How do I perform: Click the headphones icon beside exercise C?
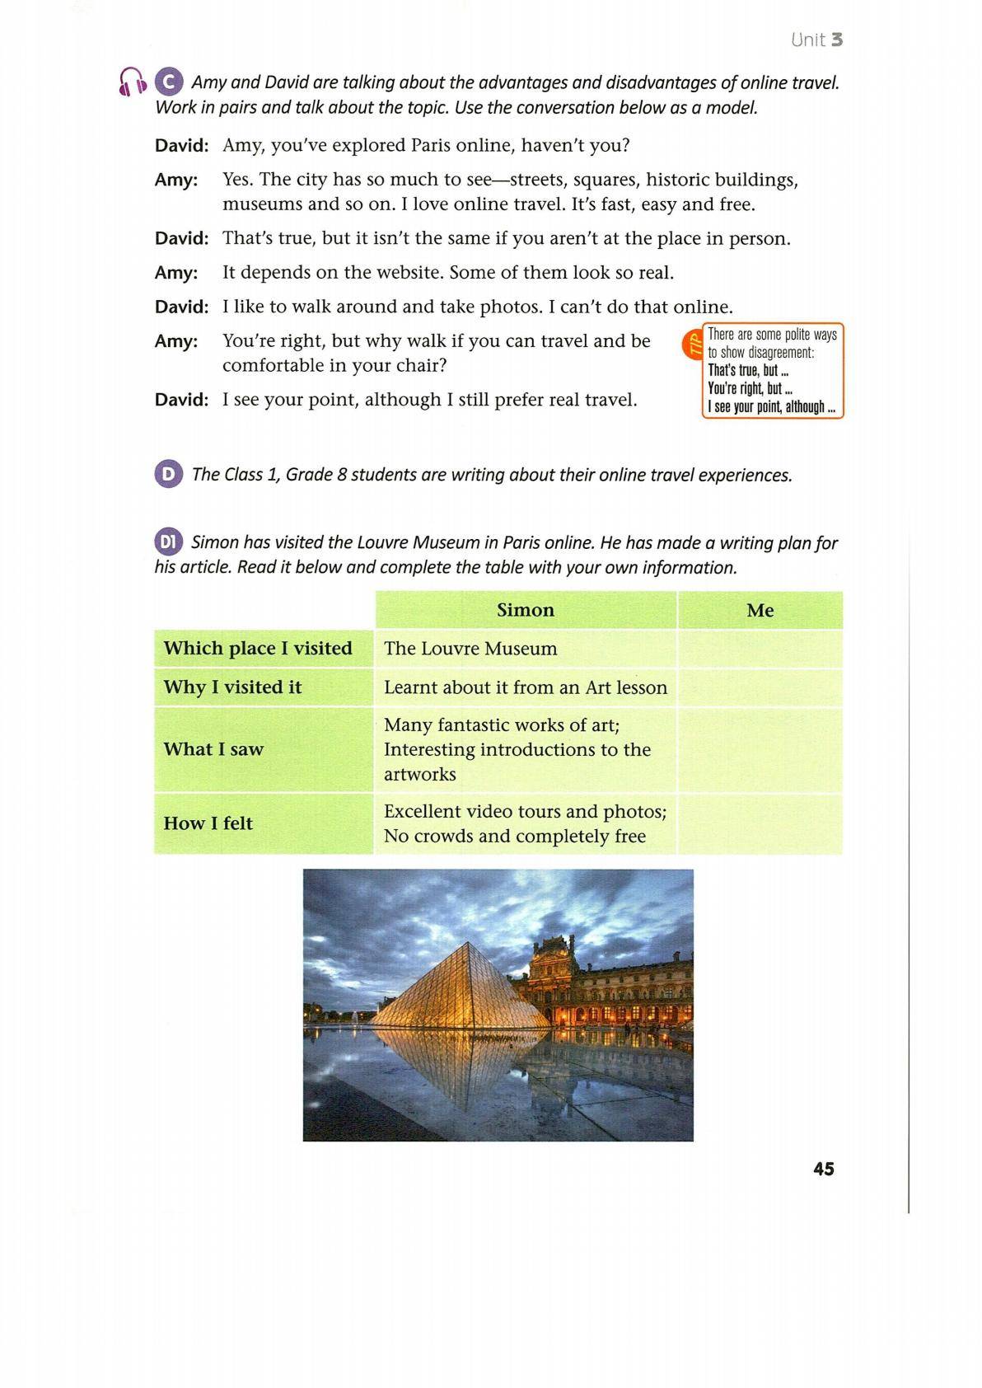(133, 82)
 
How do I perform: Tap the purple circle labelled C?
(168, 82)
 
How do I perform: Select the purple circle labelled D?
(168, 474)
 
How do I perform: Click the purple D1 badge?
(168, 542)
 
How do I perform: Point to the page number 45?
(823, 1168)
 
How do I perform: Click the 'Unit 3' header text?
(816, 40)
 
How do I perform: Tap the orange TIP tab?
(693, 344)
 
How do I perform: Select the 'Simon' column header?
(526, 610)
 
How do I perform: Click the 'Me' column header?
(760, 610)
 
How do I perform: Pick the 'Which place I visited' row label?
(258, 648)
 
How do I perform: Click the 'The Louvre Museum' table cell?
(470, 649)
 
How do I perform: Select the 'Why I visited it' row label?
(233, 687)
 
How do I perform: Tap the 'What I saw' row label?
(213, 748)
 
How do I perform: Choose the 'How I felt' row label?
(208, 823)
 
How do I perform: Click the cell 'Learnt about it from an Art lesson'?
(526, 687)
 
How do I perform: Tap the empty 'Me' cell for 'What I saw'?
(760, 749)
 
